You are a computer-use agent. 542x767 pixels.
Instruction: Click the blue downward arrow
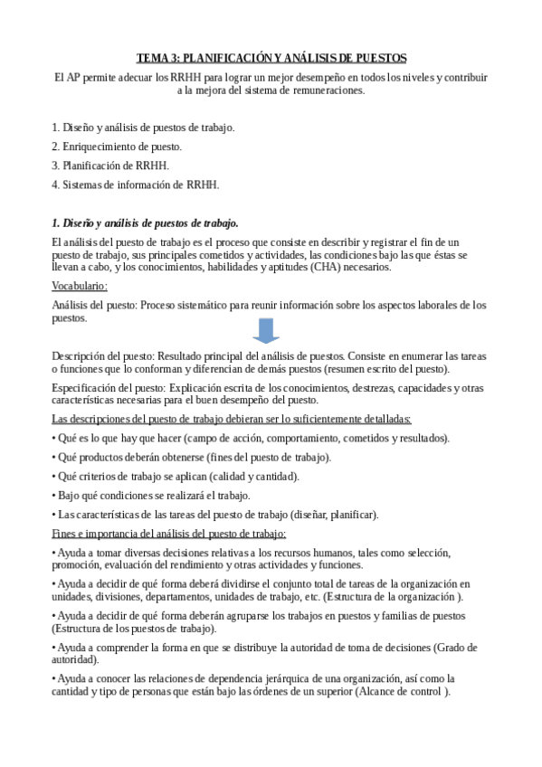(x=265, y=332)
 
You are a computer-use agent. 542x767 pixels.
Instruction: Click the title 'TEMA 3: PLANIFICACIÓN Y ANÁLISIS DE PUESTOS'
(x=271, y=56)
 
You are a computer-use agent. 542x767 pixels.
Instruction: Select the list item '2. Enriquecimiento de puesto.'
(x=117, y=147)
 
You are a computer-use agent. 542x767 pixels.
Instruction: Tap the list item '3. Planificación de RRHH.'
(x=110, y=166)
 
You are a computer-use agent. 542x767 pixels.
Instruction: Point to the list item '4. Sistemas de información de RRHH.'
(x=135, y=185)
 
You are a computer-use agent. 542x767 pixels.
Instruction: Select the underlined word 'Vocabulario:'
(x=80, y=287)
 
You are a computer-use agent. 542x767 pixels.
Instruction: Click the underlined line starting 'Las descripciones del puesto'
(x=232, y=419)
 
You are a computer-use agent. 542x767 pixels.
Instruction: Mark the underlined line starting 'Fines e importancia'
(x=169, y=533)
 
